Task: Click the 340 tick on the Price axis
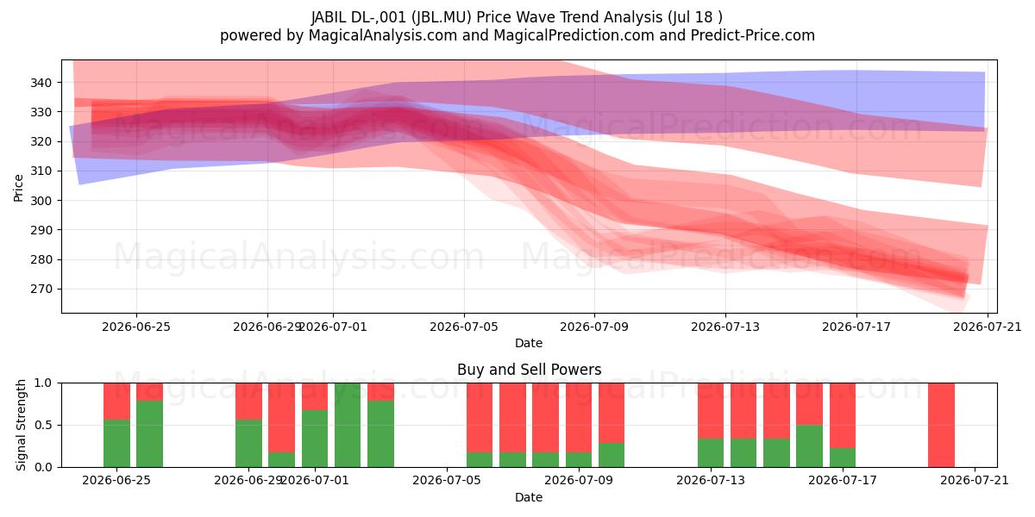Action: tap(41, 83)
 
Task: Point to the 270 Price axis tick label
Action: tap(41, 289)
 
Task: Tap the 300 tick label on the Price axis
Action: tap(41, 200)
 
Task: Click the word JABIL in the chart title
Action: tap(329, 17)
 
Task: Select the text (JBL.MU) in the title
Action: tap(442, 17)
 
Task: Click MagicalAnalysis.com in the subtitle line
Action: tap(383, 35)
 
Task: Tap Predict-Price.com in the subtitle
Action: tap(753, 35)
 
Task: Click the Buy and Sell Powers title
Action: tap(529, 370)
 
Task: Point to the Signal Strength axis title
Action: tap(21, 425)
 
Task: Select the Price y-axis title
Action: tap(18, 188)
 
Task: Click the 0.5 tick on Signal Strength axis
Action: tap(43, 425)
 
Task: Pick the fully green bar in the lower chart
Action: tap(348, 425)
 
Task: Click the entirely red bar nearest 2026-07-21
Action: tap(941, 425)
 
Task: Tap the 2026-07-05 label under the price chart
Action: tap(464, 327)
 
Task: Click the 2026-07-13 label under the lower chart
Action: tap(711, 480)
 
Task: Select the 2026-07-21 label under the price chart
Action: tap(988, 327)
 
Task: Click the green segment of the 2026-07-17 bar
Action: tap(843, 458)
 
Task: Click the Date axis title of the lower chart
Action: tap(529, 497)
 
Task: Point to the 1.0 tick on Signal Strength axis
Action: tap(43, 383)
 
